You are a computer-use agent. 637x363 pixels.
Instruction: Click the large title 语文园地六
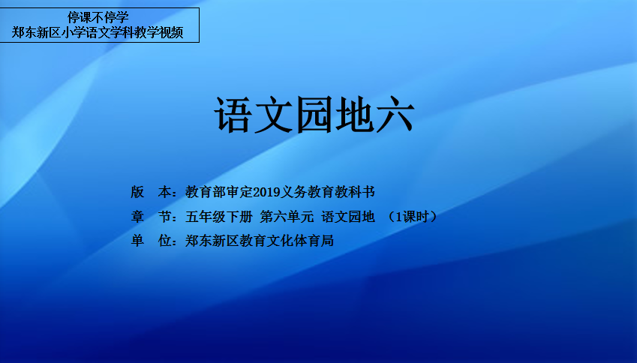(x=314, y=115)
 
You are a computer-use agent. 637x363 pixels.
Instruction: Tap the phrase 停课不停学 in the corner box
(x=98, y=17)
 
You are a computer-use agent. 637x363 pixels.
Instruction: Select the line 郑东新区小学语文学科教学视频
(x=98, y=32)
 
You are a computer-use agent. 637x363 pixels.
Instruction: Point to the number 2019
(x=266, y=193)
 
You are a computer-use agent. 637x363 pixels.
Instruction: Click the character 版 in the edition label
(x=137, y=193)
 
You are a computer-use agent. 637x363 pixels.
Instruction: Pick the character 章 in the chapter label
(x=137, y=217)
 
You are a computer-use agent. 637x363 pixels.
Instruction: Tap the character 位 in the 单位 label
(x=164, y=241)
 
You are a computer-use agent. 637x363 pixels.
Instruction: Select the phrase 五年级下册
(x=219, y=217)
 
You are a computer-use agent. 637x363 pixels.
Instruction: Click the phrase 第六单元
(x=287, y=217)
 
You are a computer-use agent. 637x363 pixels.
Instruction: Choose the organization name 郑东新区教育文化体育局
(x=260, y=241)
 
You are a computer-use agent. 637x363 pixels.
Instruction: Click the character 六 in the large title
(x=395, y=115)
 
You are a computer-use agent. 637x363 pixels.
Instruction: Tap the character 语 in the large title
(x=233, y=115)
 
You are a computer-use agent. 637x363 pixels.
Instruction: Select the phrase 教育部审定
(x=219, y=193)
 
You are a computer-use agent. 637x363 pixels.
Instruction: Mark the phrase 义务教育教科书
(x=327, y=193)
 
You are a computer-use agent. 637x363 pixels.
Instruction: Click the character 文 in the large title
(x=273, y=115)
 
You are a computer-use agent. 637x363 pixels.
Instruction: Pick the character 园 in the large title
(x=314, y=115)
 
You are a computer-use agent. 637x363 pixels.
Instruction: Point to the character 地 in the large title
(x=354, y=115)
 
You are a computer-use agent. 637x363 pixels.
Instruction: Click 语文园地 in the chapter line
(x=348, y=217)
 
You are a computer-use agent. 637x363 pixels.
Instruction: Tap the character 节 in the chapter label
(x=164, y=217)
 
